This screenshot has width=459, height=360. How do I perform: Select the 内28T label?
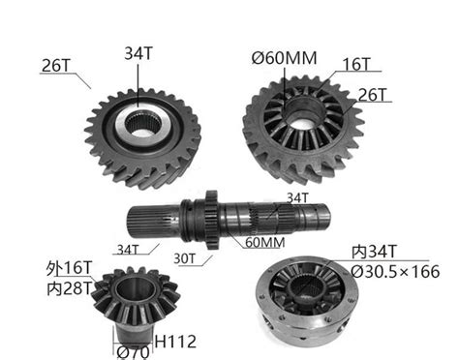tap(68, 287)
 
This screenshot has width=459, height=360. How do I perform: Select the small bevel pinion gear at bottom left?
tap(130, 300)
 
